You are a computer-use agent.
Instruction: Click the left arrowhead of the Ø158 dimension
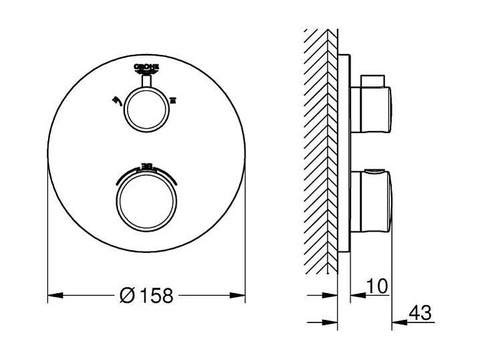[54, 294]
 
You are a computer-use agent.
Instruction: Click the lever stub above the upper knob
[147, 81]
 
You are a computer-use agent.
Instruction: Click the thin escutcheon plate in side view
[344, 154]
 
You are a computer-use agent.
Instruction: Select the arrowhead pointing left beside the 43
[398, 321]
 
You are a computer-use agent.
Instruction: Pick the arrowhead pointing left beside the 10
[355, 295]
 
